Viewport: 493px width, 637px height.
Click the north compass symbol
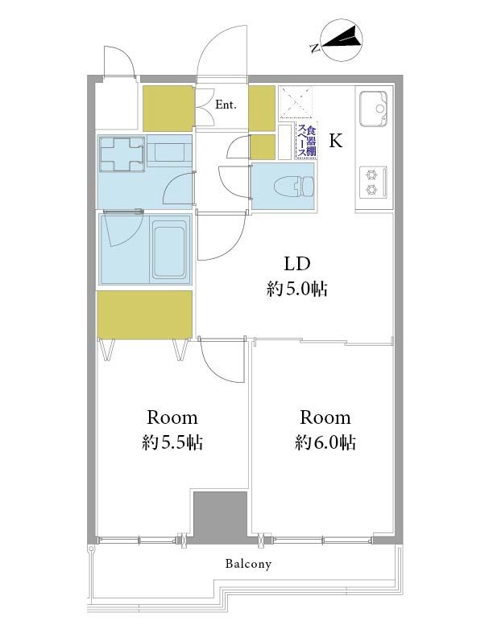click(x=342, y=40)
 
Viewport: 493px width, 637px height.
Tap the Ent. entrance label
click(x=226, y=105)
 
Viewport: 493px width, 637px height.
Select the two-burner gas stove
click(x=373, y=182)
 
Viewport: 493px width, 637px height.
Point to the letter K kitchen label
click(x=336, y=141)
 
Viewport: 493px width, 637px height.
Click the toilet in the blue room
click(x=294, y=187)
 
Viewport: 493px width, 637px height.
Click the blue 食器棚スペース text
click(x=307, y=142)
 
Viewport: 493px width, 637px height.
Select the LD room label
click(x=297, y=264)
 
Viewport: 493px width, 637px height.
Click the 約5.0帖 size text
click(x=297, y=290)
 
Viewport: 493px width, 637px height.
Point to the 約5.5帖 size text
click(x=172, y=442)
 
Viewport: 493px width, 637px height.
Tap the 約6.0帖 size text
click(x=325, y=442)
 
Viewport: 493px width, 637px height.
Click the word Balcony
click(x=248, y=564)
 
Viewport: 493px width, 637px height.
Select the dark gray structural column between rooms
click(x=220, y=516)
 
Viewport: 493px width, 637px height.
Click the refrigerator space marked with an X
click(x=296, y=102)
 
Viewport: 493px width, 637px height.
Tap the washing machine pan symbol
click(x=122, y=154)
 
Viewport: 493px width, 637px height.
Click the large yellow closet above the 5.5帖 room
click(x=144, y=314)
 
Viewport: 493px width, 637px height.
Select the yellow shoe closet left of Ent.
click(x=168, y=108)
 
